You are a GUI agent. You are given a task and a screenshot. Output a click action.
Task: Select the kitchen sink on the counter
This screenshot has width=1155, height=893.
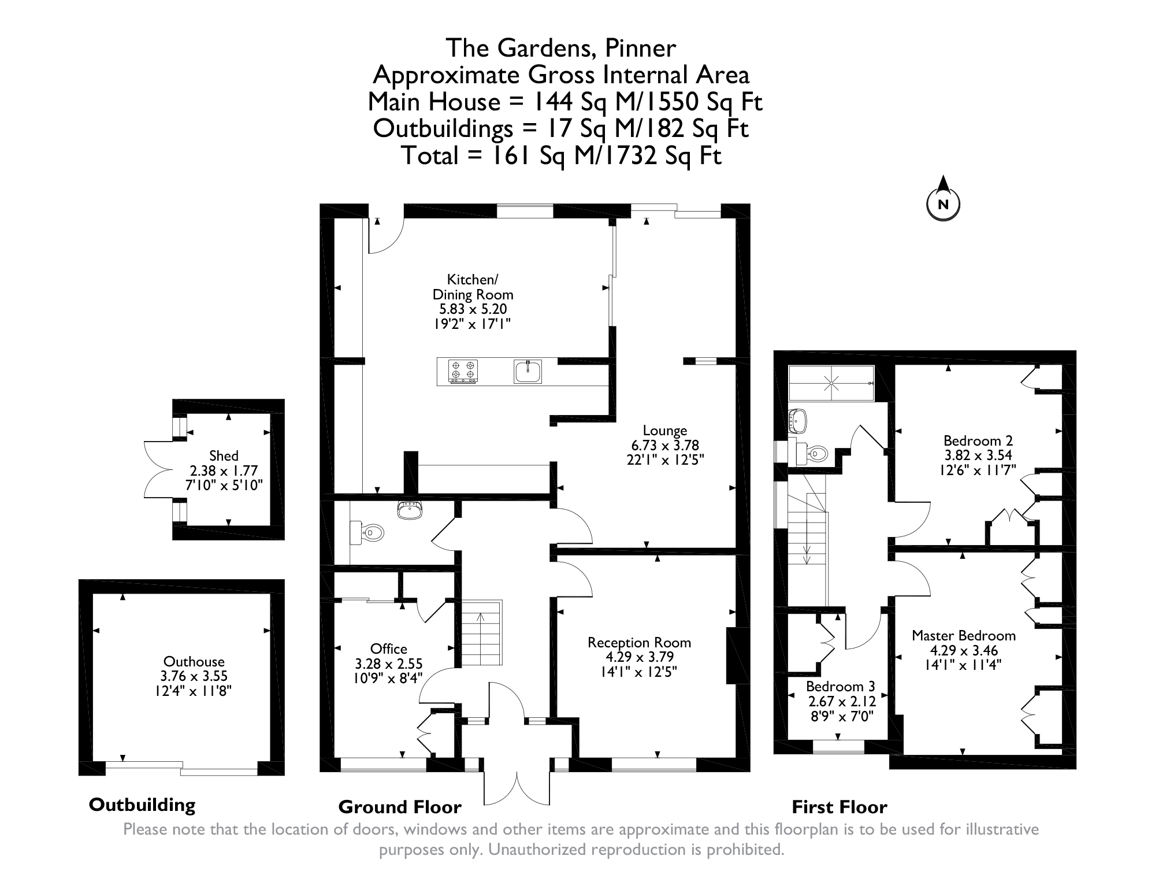[528, 371]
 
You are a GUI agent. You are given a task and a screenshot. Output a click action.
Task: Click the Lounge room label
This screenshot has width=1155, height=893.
[665, 431]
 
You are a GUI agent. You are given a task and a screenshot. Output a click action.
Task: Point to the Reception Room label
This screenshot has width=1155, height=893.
[639, 643]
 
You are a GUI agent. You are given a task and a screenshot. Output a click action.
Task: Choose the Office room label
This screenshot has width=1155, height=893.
[388, 649]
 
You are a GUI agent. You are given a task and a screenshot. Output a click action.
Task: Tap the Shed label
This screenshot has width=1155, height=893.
[224, 456]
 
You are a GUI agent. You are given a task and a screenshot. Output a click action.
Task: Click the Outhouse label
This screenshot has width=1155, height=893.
[194, 662]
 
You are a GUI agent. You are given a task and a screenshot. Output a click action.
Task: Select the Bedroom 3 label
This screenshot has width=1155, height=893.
[840, 687]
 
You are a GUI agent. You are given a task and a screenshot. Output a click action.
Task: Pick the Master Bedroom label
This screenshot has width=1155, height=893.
[964, 636]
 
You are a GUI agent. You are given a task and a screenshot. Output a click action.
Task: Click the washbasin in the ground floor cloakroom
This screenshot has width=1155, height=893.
[410, 510]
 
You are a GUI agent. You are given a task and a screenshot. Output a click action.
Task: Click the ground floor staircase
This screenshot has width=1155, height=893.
[480, 633]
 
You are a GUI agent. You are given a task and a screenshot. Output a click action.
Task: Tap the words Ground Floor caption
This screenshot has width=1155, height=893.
[400, 807]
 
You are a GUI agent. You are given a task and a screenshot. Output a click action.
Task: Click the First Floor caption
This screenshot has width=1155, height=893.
[839, 807]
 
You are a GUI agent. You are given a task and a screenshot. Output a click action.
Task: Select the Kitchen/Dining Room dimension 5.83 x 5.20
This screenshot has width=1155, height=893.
[473, 309]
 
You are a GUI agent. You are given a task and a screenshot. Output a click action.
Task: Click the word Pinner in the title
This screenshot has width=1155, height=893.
[640, 48]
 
